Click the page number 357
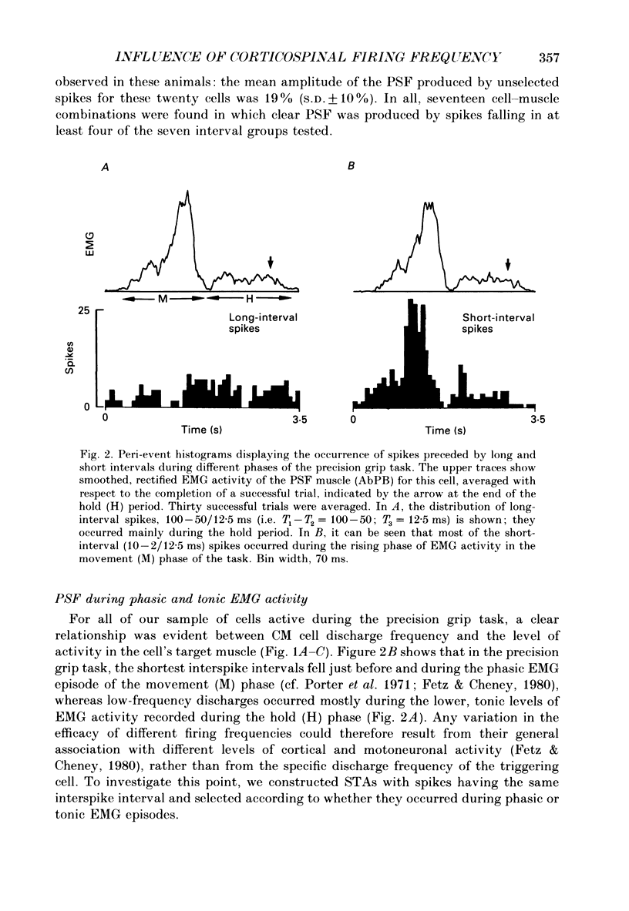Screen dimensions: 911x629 click(x=549, y=57)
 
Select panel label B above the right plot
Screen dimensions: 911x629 click(x=351, y=174)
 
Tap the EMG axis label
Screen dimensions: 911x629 click(x=89, y=244)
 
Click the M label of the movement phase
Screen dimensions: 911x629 click(x=163, y=298)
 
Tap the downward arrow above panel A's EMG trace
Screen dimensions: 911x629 click(x=270, y=264)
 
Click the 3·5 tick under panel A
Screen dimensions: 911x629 click(x=299, y=420)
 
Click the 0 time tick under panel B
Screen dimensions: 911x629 click(x=353, y=420)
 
